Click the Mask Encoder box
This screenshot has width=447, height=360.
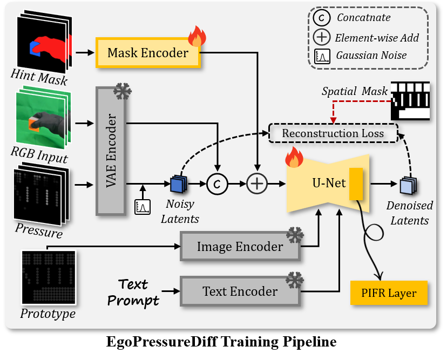[x=148, y=53]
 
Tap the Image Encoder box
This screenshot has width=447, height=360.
[x=240, y=247]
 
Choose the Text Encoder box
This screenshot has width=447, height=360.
[x=240, y=292]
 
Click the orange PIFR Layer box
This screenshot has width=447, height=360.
[x=389, y=294]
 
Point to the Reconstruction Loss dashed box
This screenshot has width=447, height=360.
[x=333, y=133]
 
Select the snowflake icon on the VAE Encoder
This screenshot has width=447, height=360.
[x=121, y=91]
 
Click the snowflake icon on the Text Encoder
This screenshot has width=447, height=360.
[x=295, y=280]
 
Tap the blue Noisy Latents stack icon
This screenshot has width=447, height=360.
[x=178, y=185]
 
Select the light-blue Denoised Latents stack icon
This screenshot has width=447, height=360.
[x=407, y=185]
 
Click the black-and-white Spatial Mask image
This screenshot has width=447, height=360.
[x=410, y=100]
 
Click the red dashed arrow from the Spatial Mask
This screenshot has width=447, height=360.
[x=334, y=112]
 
